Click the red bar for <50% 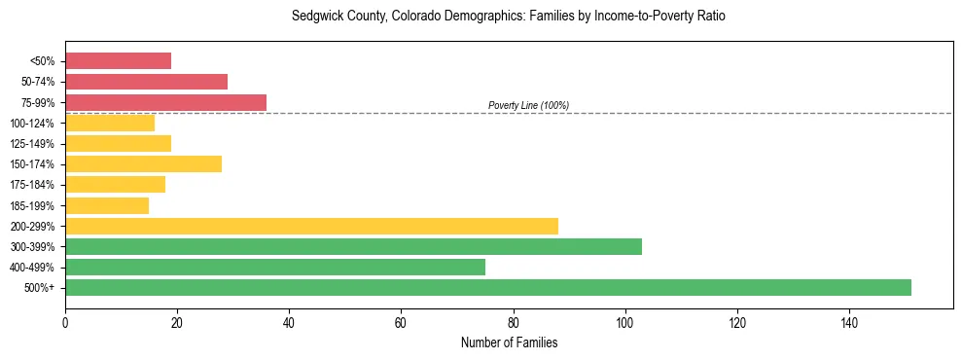point(118,61)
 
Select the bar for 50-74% point(146,82)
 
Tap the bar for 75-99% point(165,102)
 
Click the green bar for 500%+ point(488,287)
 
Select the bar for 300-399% point(353,246)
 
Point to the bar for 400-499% point(275,267)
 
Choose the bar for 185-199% point(107,205)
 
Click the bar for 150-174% point(143,163)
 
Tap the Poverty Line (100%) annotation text point(528,105)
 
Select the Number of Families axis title point(509,342)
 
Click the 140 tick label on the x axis point(849,321)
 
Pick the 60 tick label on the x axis point(401,321)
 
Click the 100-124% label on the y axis point(32,124)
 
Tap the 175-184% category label point(32,185)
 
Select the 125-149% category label point(32,144)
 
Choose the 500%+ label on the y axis point(39,288)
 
